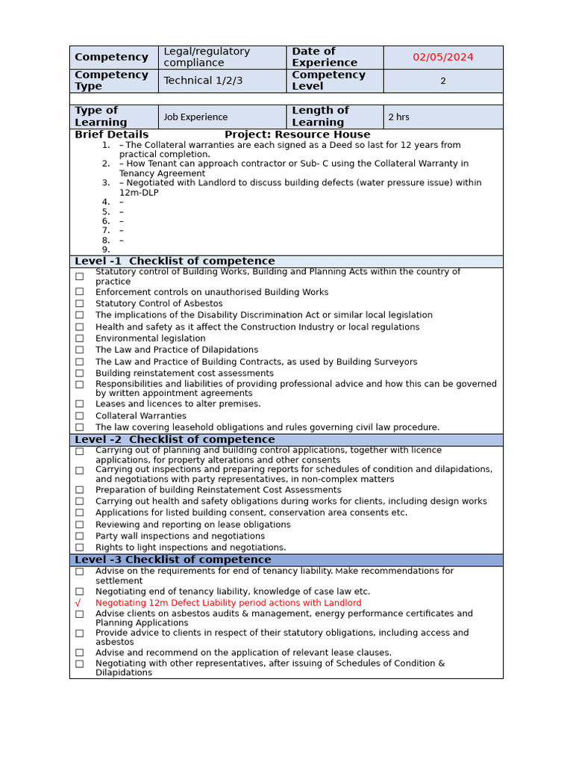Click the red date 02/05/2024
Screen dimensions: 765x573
[x=443, y=57]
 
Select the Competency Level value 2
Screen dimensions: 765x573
[x=443, y=81]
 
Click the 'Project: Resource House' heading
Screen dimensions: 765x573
[x=297, y=134]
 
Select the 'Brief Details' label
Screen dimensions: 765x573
[x=111, y=134]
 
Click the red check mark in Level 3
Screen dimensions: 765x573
[x=79, y=603]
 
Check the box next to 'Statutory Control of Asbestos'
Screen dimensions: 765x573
[x=79, y=304]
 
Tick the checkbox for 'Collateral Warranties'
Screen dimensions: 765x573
[x=79, y=416]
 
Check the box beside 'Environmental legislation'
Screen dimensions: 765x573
[x=79, y=338]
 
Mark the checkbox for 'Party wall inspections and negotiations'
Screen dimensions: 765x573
[x=79, y=536]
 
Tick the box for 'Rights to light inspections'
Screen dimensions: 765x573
[x=79, y=548]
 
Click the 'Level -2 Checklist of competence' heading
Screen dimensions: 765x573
[x=175, y=440]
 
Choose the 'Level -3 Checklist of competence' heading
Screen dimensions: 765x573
[x=172, y=560]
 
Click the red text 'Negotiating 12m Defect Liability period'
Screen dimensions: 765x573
[x=228, y=603]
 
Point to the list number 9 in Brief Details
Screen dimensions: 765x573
[x=106, y=250]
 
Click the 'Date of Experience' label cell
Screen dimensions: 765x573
[x=334, y=57]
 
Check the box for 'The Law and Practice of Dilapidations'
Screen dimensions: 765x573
[x=79, y=350]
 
